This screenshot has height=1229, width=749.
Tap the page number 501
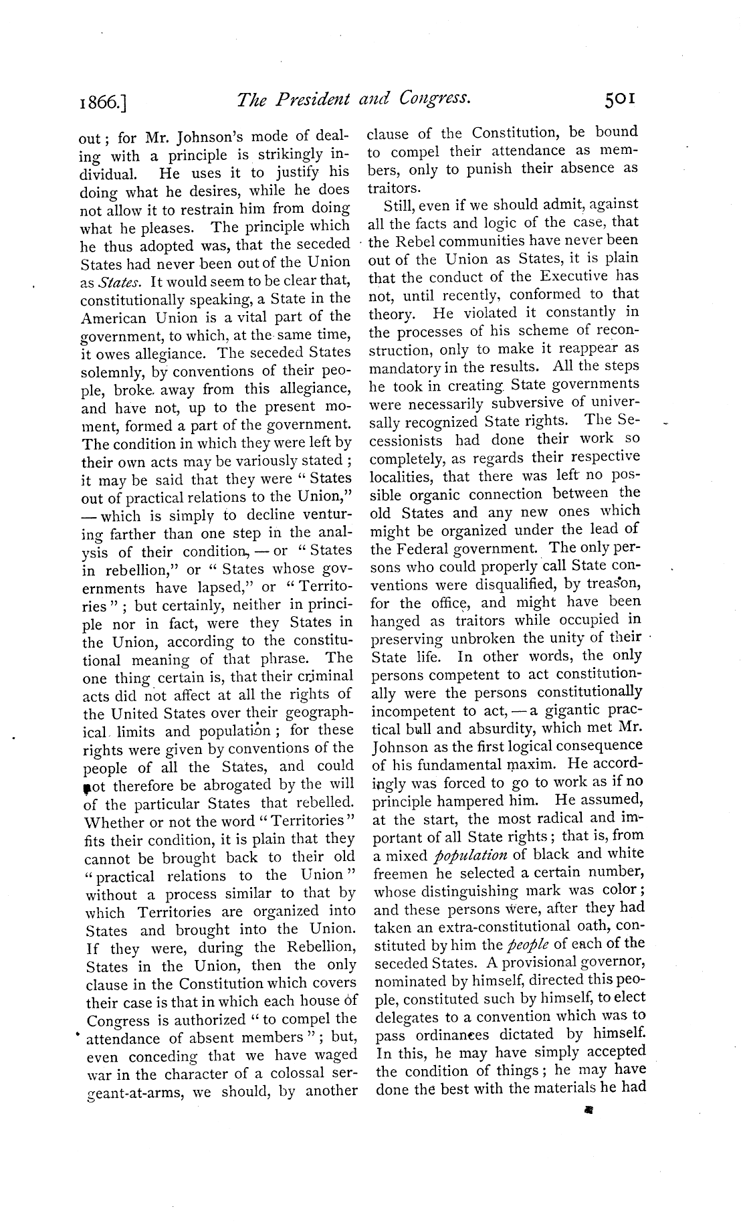tap(622, 100)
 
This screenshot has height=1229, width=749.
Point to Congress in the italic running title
tap(435, 100)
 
